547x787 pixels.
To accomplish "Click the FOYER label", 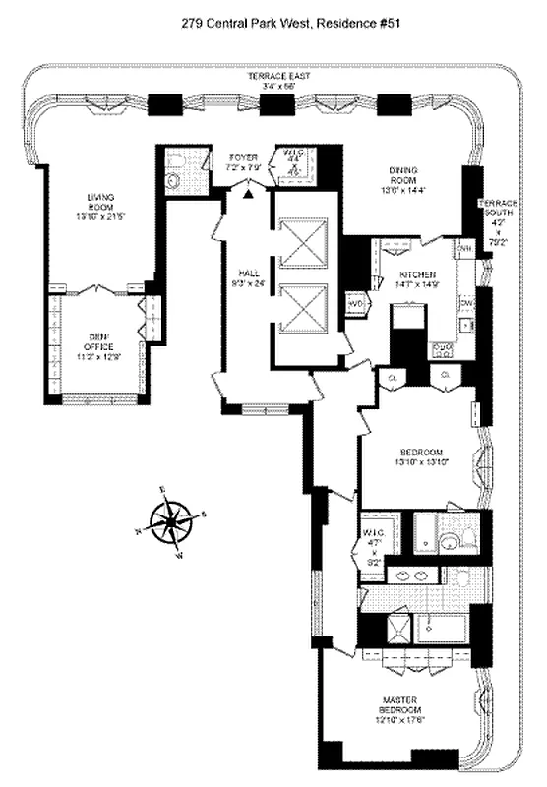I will pos(242,157).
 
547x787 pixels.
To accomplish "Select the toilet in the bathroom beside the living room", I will pos(175,180).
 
